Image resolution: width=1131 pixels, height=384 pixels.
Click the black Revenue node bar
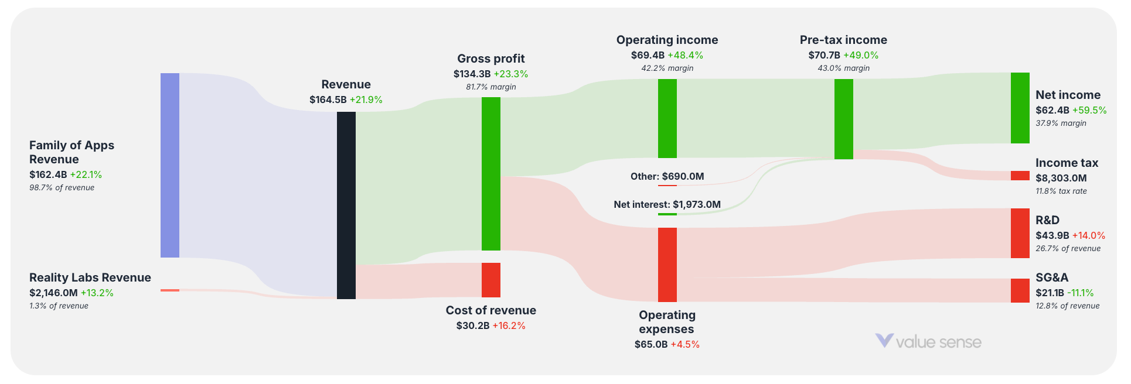point(346,205)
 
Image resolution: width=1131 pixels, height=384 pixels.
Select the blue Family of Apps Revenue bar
point(170,165)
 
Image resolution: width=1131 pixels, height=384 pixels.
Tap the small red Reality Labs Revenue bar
point(170,290)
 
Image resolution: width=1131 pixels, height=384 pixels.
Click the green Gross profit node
point(491,174)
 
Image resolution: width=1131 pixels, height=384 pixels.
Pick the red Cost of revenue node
point(491,280)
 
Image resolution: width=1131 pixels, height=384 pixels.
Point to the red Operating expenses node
point(667,265)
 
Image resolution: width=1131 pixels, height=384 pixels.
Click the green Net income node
point(1020,108)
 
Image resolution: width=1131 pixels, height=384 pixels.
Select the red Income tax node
point(1020,176)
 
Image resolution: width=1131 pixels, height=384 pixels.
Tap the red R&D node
point(1020,233)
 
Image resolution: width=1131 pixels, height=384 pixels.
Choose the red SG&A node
point(1020,290)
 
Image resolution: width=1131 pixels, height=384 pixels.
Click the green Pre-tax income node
point(844,119)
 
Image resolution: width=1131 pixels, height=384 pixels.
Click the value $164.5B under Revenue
point(328,100)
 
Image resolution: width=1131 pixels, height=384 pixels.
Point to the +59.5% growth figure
point(1089,110)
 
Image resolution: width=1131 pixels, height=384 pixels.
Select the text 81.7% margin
point(491,87)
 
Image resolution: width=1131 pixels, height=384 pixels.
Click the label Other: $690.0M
point(667,176)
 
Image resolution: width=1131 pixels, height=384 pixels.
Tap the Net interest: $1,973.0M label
point(667,204)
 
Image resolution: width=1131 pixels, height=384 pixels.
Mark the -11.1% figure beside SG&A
point(1081,293)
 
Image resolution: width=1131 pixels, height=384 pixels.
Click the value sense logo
point(928,341)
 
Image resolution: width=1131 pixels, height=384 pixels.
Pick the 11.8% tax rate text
point(1061,191)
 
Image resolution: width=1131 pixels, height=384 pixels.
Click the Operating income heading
point(667,40)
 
